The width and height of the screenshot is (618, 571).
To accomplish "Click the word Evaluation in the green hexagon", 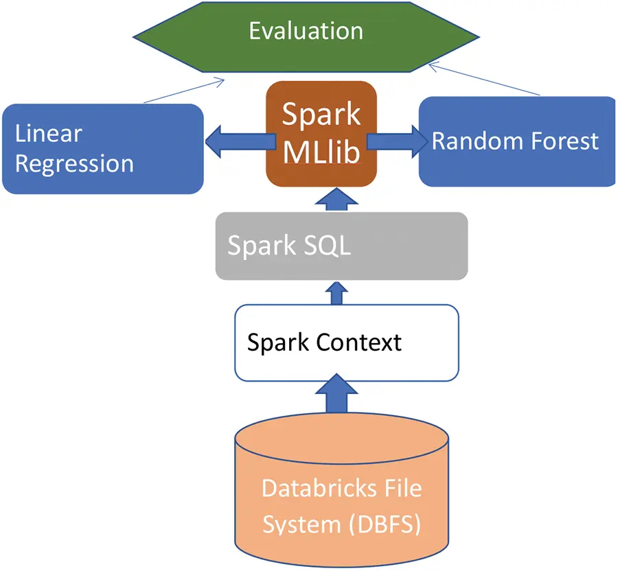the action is [306, 31].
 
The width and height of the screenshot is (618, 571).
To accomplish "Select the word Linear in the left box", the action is [49, 133].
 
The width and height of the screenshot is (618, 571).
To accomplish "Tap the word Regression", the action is [74, 164].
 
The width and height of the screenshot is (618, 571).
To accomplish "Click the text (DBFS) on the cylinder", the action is [385, 524].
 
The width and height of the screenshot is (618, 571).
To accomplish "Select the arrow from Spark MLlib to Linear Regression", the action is [240, 142].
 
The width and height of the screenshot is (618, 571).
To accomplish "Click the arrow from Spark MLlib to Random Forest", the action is [398, 142].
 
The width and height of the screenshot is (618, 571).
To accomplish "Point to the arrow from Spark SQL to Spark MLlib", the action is [336, 199].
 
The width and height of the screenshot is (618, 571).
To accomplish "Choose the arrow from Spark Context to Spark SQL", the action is [336, 293].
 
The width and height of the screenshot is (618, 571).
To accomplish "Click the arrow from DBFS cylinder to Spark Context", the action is [336, 393].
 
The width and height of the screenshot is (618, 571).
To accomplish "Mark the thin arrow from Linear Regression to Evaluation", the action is [184, 91].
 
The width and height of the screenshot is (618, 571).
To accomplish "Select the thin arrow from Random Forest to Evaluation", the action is [484, 79].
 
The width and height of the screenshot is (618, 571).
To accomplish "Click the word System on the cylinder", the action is [301, 525].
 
